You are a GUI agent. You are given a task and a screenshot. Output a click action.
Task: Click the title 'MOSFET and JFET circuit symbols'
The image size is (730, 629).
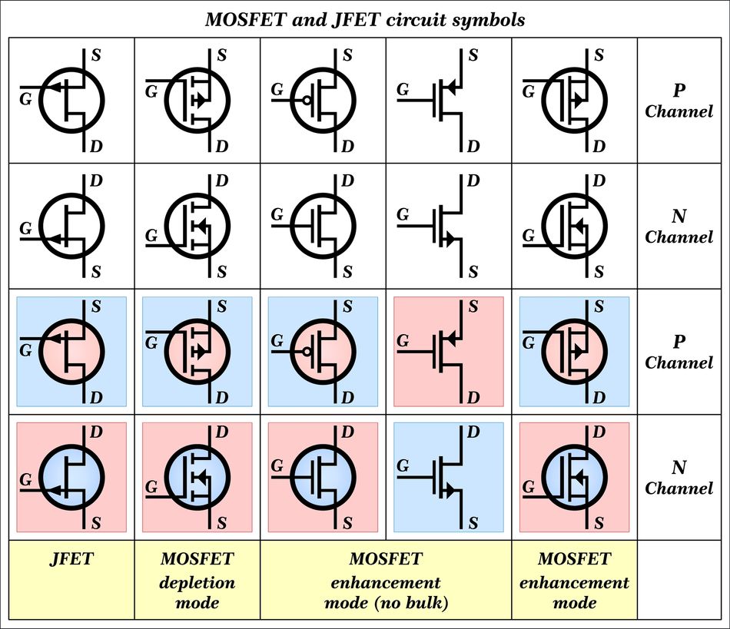click(x=365, y=18)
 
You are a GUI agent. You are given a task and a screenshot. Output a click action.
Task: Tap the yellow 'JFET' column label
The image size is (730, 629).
click(x=71, y=558)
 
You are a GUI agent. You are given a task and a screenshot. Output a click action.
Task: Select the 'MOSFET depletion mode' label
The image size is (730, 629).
click(x=197, y=581)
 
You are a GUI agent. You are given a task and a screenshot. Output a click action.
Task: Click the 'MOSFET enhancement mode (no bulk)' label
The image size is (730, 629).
click(x=386, y=581)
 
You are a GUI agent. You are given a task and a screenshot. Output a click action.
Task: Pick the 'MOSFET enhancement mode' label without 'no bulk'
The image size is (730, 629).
click(x=574, y=581)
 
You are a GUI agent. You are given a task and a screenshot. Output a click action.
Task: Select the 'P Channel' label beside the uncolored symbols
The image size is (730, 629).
click(x=679, y=101)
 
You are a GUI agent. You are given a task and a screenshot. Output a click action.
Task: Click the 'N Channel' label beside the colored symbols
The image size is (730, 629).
click(x=679, y=477)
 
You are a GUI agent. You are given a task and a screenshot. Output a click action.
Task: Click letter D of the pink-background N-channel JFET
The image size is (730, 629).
click(x=96, y=432)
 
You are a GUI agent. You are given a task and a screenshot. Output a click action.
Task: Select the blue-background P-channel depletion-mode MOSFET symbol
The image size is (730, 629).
click(x=197, y=351)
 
